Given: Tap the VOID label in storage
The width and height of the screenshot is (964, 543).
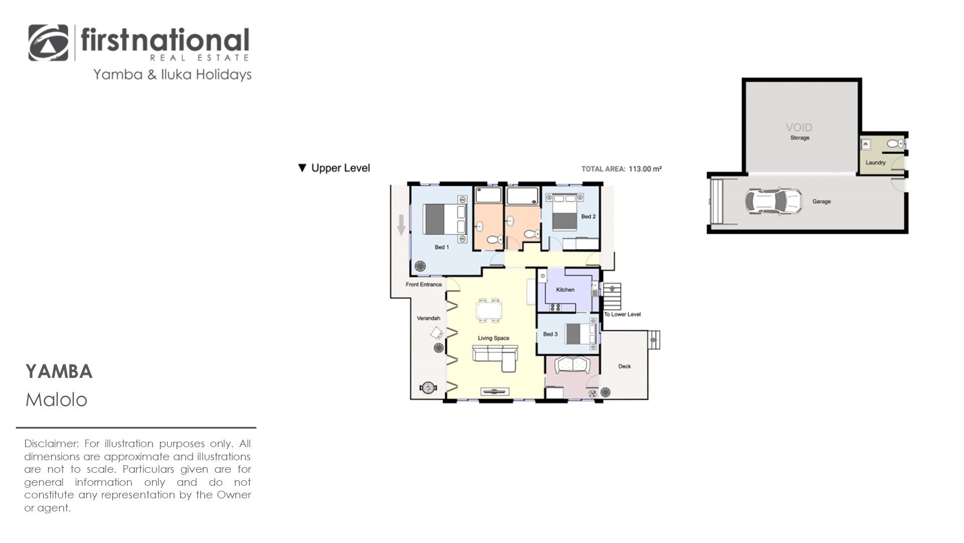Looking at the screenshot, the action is coord(799,127).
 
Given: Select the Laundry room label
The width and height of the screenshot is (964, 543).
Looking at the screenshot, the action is coord(876,163).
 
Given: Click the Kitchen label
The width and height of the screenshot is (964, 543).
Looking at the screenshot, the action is coord(565,290).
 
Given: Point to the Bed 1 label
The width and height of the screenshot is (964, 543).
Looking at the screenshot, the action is coord(442,247).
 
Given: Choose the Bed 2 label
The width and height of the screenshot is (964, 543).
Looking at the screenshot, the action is coord(588,217).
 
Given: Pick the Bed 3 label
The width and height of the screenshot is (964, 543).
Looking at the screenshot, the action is coord(550,334).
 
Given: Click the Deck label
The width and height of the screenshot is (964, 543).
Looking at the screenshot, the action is coord(625,366).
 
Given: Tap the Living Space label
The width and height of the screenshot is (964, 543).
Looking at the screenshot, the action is coord(494,338).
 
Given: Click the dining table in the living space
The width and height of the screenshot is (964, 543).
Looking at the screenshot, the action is coord(489,310).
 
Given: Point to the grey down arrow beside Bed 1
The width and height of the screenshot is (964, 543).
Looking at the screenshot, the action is coord(401,225).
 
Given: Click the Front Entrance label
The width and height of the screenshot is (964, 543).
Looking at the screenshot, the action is coord(424,285).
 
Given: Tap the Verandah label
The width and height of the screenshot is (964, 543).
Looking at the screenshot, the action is coord(428,318).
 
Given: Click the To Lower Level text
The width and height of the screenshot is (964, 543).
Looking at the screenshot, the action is coord(623,315).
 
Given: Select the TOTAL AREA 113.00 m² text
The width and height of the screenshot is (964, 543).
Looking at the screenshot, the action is coord(622,169).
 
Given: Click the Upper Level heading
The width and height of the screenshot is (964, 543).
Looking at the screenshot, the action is coord(334,168).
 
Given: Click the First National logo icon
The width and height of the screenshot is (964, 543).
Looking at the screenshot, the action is coord(48,43).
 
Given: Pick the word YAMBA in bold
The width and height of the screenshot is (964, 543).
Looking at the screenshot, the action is coord(59,372).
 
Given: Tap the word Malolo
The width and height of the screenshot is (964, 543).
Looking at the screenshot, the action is coord(56,400).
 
